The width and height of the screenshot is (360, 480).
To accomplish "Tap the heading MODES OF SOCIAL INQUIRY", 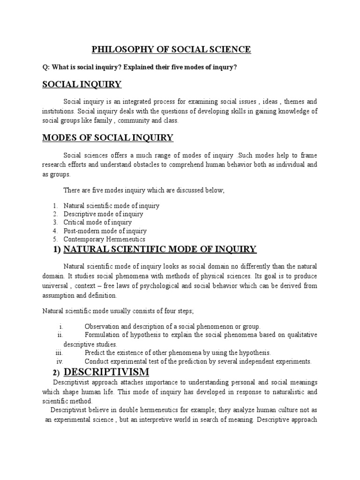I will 108,138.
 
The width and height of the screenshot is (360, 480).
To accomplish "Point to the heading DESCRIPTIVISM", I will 106,372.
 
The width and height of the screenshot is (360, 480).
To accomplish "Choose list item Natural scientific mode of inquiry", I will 112,206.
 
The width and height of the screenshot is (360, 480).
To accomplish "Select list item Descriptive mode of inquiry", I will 104,214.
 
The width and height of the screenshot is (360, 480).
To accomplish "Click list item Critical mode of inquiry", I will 97,223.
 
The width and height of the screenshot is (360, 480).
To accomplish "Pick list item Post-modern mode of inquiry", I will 105,231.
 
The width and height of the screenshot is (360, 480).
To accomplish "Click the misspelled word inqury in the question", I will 226,67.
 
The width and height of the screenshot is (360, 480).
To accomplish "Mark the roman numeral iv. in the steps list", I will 60,361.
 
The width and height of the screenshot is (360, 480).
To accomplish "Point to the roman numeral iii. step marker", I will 59,352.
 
